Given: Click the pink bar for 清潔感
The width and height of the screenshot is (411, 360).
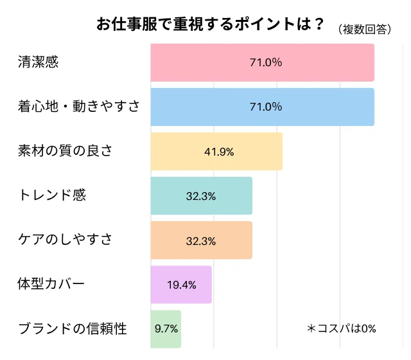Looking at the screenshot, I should (x=262, y=62).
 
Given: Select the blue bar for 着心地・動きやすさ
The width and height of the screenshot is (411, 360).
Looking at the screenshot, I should (x=262, y=107).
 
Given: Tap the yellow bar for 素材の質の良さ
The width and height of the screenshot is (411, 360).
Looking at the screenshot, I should (x=216, y=152).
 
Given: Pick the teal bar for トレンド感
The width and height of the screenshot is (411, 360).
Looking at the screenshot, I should (x=201, y=196).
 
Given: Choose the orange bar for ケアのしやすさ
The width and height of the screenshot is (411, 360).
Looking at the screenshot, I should (x=201, y=240).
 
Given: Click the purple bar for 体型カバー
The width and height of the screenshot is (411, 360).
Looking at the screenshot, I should (x=181, y=285).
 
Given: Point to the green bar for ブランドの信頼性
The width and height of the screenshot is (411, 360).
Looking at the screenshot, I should (x=166, y=328).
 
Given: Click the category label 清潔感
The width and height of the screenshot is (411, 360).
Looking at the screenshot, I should (x=38, y=62).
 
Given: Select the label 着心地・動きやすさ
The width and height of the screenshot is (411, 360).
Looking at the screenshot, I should (x=78, y=107).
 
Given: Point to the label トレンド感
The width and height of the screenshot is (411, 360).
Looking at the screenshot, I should (x=51, y=196).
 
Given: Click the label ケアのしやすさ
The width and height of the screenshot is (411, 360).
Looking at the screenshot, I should (x=65, y=240).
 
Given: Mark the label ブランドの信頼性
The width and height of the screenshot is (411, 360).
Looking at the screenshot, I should (x=72, y=328).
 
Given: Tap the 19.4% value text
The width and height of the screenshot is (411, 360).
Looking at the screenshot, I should (x=181, y=285).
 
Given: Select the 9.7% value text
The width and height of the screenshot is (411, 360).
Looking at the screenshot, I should (x=166, y=328).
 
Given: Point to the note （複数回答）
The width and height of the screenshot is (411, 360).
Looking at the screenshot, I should (x=363, y=29).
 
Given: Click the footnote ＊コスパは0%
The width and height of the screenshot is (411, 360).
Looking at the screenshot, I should (x=341, y=328).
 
